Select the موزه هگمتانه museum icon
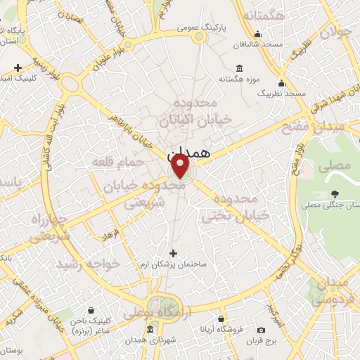[240, 69]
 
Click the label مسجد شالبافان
[259, 45]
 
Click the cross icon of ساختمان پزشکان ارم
[173, 253]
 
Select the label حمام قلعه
[117, 162]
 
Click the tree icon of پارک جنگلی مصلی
[335, 194]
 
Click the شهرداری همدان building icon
[150, 329]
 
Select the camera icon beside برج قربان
[262, 330]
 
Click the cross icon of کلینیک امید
[18, 67]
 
